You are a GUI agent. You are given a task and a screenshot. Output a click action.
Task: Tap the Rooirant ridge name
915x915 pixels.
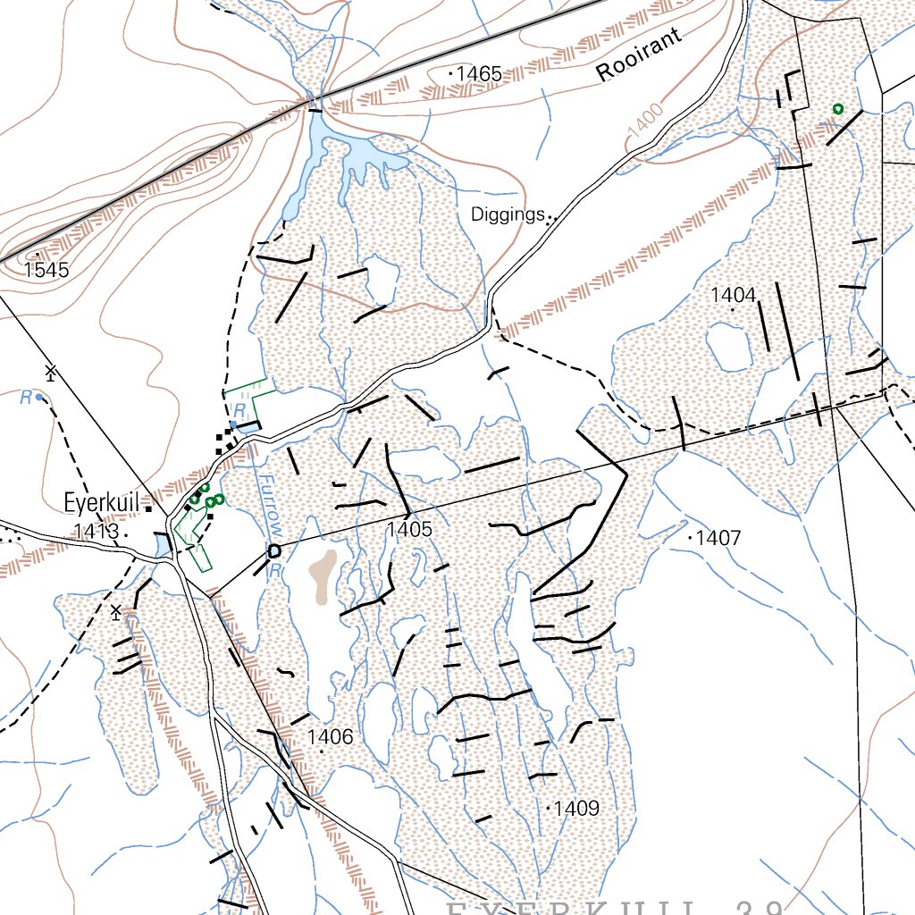point(639,55)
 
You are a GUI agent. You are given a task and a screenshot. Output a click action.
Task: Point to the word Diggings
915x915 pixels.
point(508,215)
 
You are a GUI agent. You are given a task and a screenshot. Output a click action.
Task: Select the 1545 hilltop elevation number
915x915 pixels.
point(46,269)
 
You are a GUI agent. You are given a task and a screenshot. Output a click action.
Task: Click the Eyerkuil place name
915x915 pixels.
point(102,503)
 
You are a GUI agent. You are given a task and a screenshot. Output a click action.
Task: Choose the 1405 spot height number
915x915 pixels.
point(409,530)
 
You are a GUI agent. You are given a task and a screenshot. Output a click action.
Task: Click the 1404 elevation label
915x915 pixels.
point(733,296)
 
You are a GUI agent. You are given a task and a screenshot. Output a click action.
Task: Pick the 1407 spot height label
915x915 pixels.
point(718,538)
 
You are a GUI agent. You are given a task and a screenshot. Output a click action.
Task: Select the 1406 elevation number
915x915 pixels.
point(330,737)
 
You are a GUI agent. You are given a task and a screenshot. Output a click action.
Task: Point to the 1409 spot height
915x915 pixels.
point(575,809)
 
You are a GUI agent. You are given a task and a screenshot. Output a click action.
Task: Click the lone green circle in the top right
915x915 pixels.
point(837,108)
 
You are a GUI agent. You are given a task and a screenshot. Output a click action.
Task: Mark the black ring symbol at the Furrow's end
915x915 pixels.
point(273,550)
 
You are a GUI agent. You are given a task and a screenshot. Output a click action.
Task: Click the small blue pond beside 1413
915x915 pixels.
point(162,544)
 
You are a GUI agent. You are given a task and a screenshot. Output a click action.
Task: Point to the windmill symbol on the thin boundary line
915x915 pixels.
point(51,371)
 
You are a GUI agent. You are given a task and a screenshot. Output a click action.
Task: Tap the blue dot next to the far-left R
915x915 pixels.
point(39,399)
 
